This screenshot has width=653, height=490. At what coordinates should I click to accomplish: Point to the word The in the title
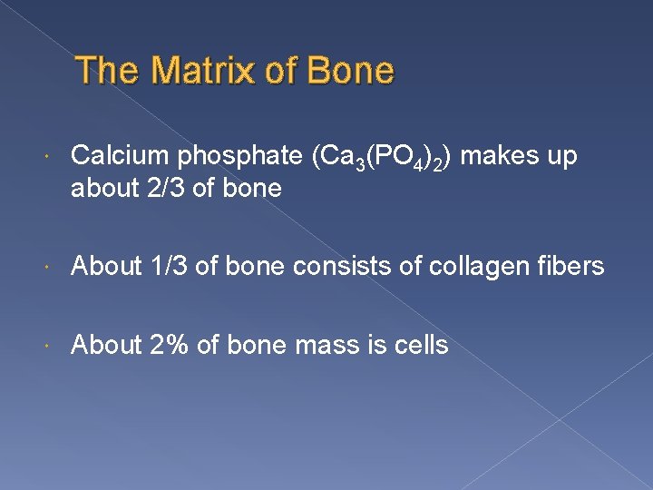(x=104, y=71)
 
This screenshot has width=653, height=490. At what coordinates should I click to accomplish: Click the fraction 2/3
(x=160, y=189)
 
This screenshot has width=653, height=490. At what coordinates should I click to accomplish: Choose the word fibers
(x=572, y=267)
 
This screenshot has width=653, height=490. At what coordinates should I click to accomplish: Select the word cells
(x=416, y=345)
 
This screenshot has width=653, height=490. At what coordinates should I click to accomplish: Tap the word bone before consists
(x=257, y=267)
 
